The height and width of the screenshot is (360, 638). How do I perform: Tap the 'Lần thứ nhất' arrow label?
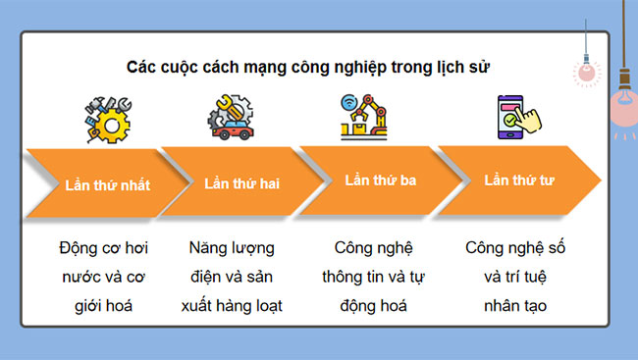(107, 183)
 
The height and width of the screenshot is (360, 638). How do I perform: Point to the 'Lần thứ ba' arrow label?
(380, 180)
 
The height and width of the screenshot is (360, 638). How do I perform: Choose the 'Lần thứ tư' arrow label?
(519, 180)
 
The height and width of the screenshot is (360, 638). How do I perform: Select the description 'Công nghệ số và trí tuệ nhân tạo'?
(515, 276)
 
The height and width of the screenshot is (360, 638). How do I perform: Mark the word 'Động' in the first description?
(79, 246)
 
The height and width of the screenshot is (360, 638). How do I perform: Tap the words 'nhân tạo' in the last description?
(515, 305)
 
